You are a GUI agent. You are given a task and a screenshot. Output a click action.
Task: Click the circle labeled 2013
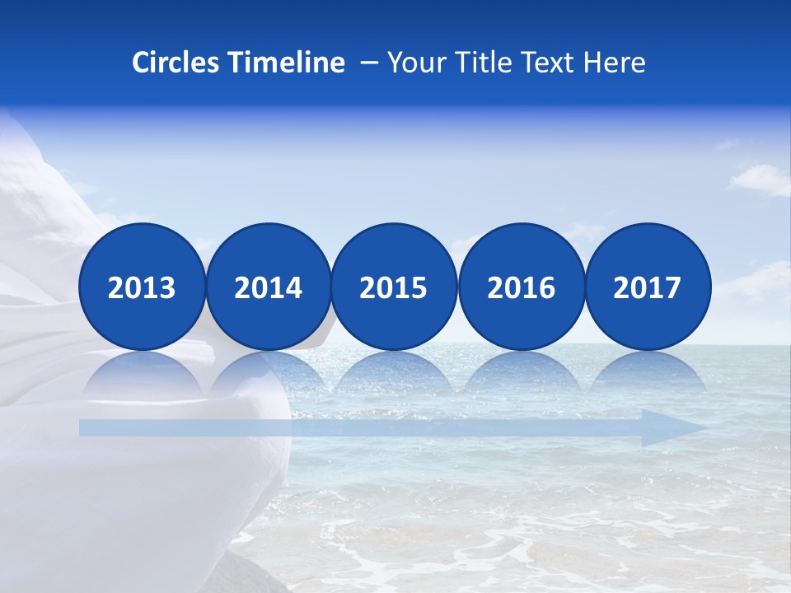[142, 287]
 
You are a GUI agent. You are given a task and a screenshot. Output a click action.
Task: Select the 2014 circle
[269, 287]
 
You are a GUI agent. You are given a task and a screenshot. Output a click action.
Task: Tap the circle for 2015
[394, 287]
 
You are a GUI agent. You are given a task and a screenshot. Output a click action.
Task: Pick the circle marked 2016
[522, 287]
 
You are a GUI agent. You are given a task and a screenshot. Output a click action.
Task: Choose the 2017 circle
[648, 287]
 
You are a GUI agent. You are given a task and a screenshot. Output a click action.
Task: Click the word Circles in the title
[176, 63]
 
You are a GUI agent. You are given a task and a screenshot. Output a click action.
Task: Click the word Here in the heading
[615, 63]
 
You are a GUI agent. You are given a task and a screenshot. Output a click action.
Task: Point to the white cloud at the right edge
[762, 179]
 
